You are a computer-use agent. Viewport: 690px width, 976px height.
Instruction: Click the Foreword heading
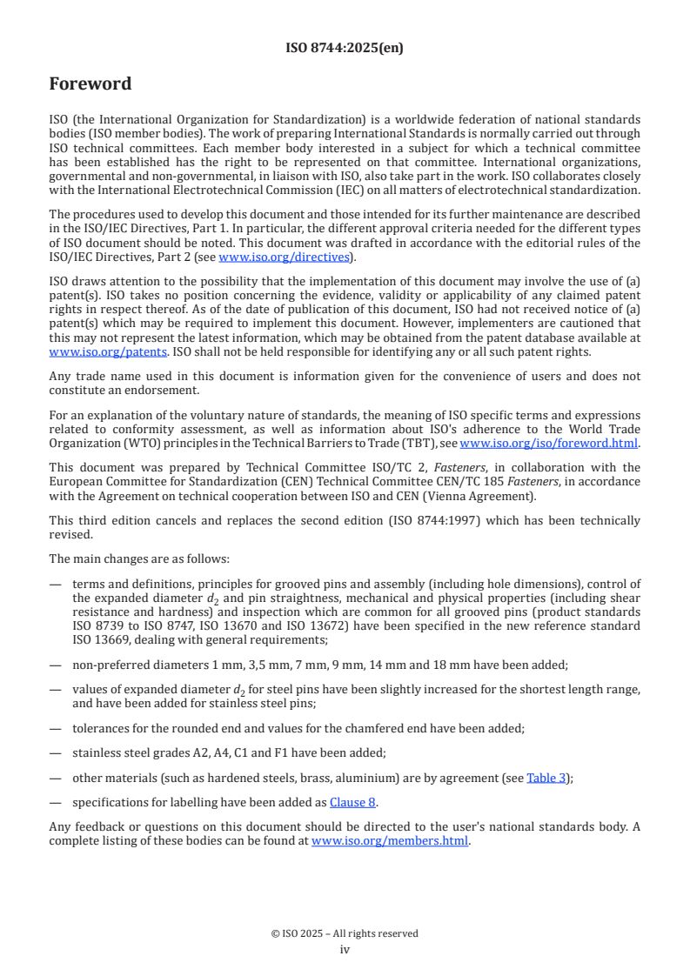pyautogui.click(x=90, y=84)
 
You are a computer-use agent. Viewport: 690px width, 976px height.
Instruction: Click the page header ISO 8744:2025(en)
pyautogui.click(x=345, y=49)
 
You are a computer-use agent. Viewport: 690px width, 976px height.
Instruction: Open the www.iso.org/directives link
pyautogui.click(x=284, y=257)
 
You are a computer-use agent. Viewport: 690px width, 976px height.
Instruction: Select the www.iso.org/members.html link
pyautogui.click(x=390, y=840)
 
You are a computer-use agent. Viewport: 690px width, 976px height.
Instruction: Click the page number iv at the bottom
pyautogui.click(x=345, y=949)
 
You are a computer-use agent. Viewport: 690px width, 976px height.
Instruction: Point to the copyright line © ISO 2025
pyautogui.click(x=345, y=933)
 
